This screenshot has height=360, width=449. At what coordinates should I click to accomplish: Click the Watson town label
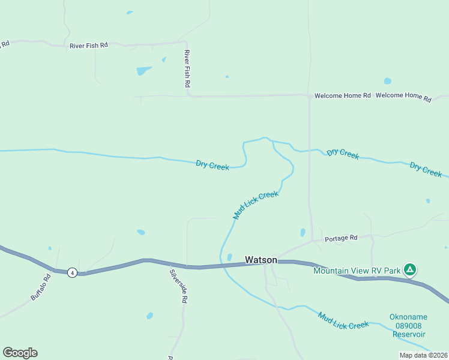pos(261,260)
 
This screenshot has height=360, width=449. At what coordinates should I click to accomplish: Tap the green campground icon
pos(409,269)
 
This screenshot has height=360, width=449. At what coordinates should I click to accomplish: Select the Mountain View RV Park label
pos(357,271)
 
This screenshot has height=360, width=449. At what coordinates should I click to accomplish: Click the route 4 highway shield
pos(72,272)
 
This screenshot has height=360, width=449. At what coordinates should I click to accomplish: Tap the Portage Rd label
pos(341,238)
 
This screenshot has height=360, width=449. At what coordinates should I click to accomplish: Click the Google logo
pos(20,353)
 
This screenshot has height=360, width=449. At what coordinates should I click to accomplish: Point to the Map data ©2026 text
pos(423,355)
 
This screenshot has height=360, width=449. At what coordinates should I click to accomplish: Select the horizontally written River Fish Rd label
pos(89,45)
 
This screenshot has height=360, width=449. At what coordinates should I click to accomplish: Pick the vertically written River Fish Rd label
pos(187,70)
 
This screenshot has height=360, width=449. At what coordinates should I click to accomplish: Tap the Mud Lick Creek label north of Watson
pos(256,205)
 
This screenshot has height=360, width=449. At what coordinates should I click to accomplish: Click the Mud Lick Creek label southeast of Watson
pos(343,320)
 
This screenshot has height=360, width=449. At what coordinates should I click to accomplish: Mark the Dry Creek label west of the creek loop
pos(212,165)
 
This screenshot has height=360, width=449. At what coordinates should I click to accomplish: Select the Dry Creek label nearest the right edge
pos(426,169)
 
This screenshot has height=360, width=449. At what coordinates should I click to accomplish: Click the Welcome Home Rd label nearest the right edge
pos(403,96)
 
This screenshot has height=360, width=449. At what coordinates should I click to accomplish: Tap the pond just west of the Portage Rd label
pos(303,232)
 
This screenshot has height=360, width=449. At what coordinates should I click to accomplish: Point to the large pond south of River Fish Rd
pos(143,71)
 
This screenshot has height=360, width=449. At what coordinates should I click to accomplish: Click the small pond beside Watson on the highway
pos(229,257)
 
